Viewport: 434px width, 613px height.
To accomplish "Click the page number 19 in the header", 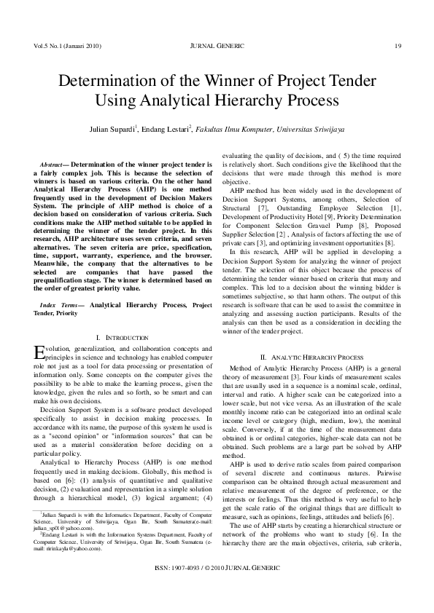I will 398,46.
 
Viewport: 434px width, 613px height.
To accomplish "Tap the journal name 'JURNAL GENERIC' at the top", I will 217,46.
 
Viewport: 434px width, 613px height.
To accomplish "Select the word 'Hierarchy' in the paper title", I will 259,99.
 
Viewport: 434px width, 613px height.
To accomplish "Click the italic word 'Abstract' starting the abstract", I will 53,165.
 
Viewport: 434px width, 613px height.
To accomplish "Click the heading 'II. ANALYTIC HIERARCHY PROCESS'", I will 311,357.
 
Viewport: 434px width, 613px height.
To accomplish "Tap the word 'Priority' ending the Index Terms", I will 65,312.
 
